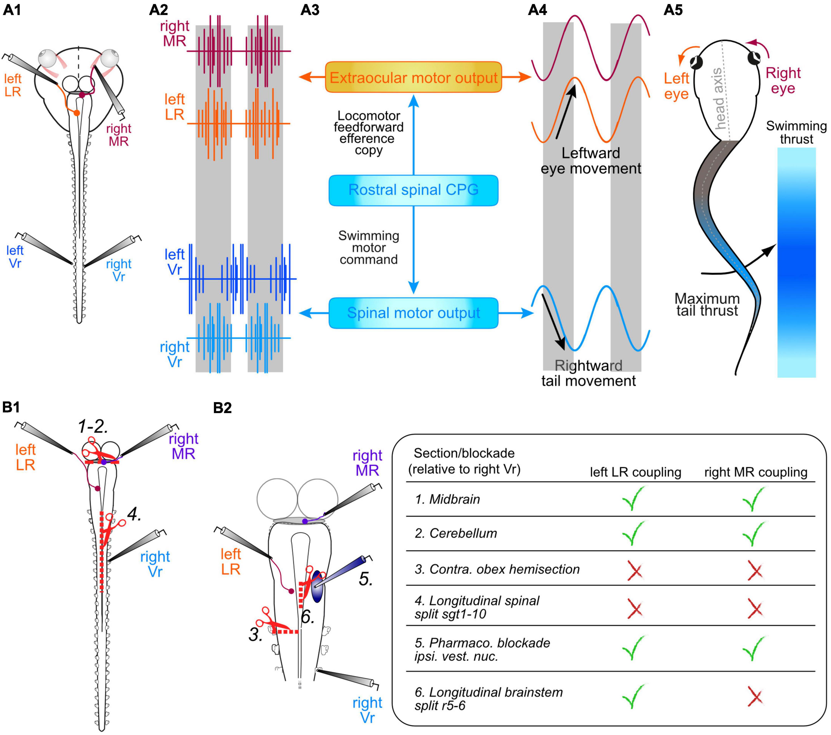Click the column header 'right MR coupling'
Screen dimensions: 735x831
pyautogui.click(x=755, y=472)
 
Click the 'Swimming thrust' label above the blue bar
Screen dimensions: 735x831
pyautogui.click(x=796, y=132)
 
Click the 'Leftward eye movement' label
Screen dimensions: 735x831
pyautogui.click(x=591, y=161)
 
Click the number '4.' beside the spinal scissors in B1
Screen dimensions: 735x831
pyautogui.click(x=134, y=516)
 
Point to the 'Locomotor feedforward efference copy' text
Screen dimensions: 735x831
pyautogui.click(x=368, y=133)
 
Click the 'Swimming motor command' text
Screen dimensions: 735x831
pyautogui.click(x=368, y=247)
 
